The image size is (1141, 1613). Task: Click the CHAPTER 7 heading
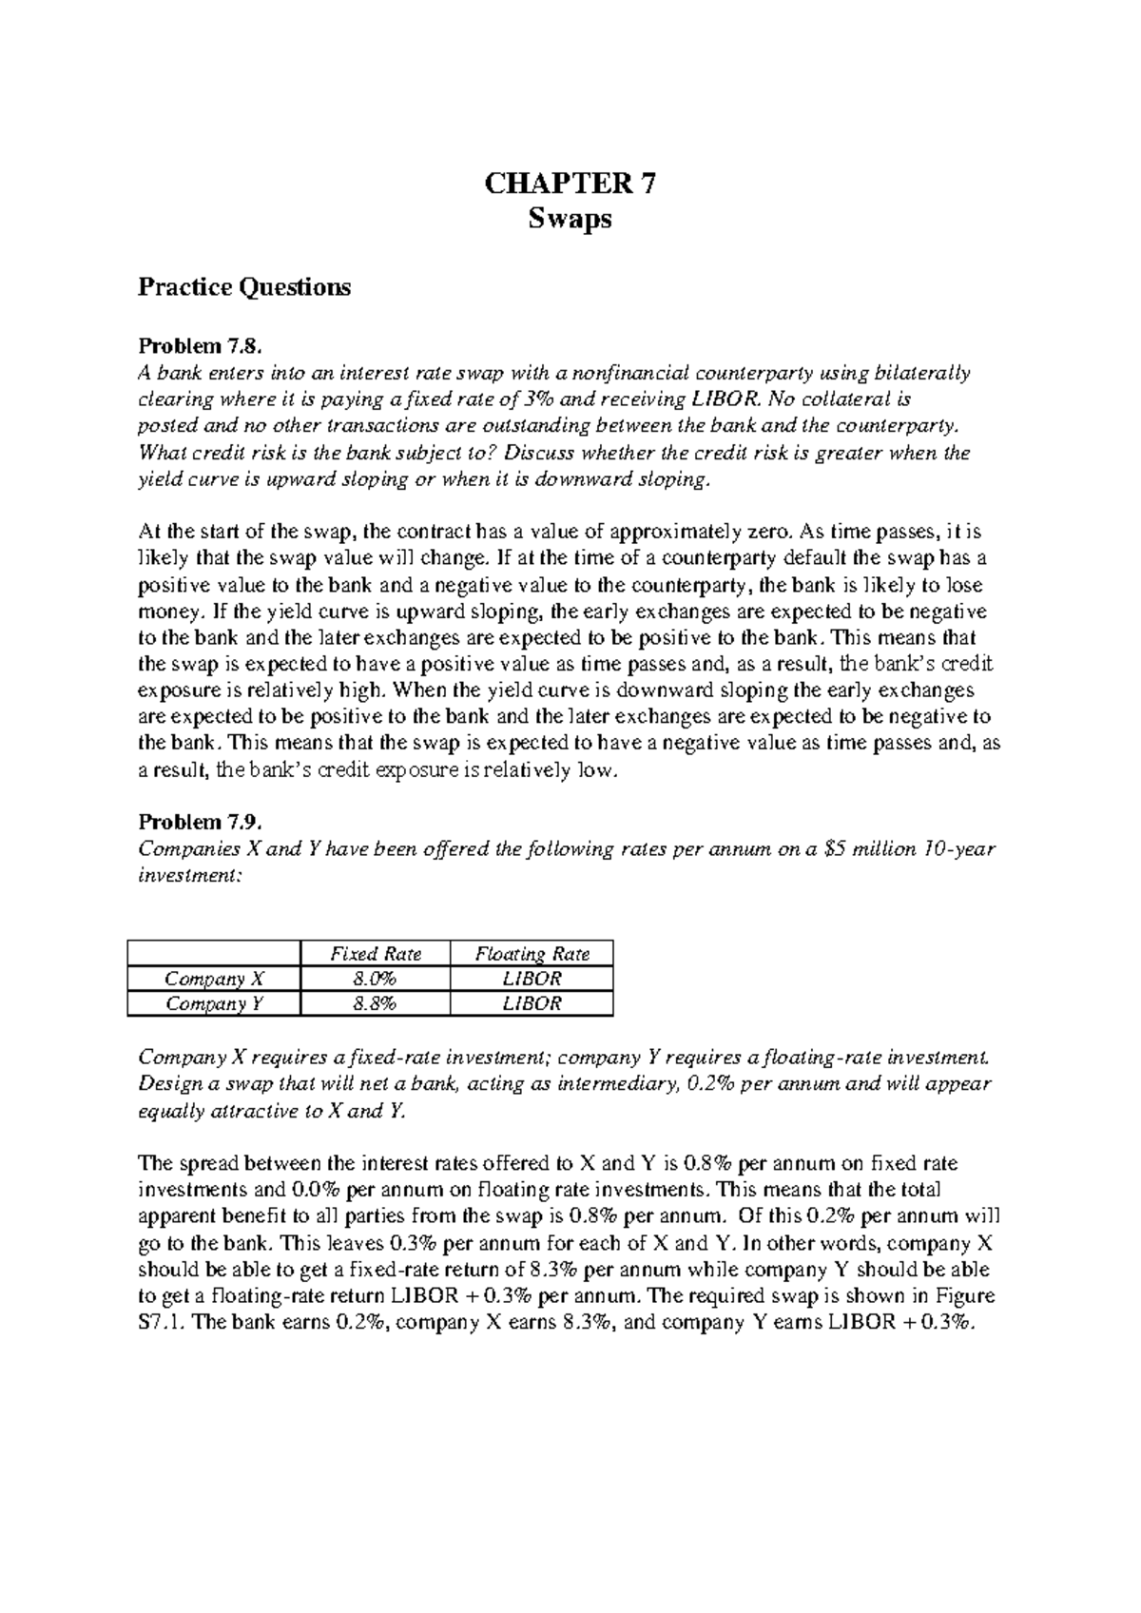570,183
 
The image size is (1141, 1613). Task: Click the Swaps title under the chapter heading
570,220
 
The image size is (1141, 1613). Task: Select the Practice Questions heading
244,286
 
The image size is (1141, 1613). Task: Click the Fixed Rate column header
376,954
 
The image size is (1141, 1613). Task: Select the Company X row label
215,979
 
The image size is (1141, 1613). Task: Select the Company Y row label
215,1003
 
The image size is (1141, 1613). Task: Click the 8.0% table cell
376,979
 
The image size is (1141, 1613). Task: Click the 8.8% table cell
376,1003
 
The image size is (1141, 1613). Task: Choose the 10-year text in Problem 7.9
961,849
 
